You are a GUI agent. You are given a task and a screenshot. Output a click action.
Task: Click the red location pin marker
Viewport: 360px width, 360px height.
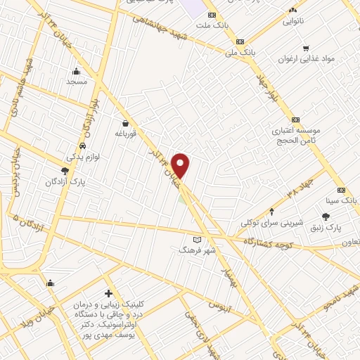[x=181, y=165]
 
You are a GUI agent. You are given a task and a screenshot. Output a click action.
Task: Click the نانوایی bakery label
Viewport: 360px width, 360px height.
[x=294, y=22]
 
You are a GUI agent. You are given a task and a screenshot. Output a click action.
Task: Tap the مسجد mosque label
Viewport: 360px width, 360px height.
[x=76, y=82]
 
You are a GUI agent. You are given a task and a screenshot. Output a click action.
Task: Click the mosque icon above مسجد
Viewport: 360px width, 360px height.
[x=76, y=70]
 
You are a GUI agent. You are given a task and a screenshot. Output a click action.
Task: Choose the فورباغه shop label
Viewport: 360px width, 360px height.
[x=125, y=133]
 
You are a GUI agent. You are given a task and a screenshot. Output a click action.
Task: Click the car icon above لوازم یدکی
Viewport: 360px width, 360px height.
[x=82, y=146]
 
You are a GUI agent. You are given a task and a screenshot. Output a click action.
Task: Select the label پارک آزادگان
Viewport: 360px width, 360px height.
[x=64, y=181]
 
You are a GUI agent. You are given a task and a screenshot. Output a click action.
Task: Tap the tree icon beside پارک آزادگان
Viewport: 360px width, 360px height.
[x=65, y=170]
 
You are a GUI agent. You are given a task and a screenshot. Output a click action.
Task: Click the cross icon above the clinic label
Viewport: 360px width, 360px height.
[x=108, y=293]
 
